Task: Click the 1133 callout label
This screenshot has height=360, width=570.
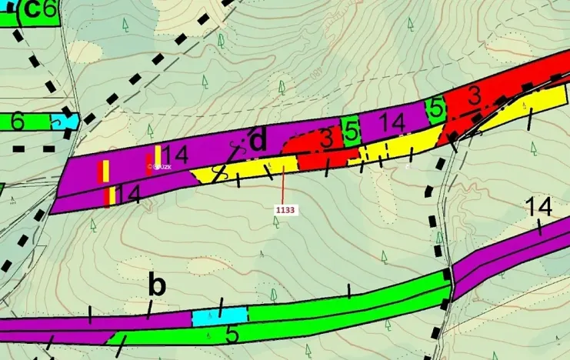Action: pyautogui.click(x=285, y=208)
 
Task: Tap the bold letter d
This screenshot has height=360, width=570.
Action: pyautogui.click(x=258, y=141)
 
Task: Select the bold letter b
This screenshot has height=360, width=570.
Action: pyautogui.click(x=157, y=286)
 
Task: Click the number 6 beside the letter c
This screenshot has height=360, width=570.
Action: pyautogui.click(x=50, y=9)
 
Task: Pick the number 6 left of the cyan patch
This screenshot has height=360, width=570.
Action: pyautogui.click(x=18, y=122)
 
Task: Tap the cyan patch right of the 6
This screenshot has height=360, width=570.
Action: pyautogui.click(x=65, y=122)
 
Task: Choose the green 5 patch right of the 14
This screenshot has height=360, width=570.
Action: pyautogui.click(x=436, y=108)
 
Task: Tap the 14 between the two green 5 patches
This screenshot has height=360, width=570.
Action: pyautogui.click(x=392, y=122)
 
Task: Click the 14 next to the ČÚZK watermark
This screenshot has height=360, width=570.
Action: pyautogui.click(x=175, y=155)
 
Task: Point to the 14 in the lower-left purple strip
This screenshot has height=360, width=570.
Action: pyautogui.click(x=128, y=194)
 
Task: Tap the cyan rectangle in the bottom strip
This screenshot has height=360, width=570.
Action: pyautogui.click(x=220, y=315)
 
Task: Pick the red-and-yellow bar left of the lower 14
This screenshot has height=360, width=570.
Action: pyautogui.click(x=110, y=196)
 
